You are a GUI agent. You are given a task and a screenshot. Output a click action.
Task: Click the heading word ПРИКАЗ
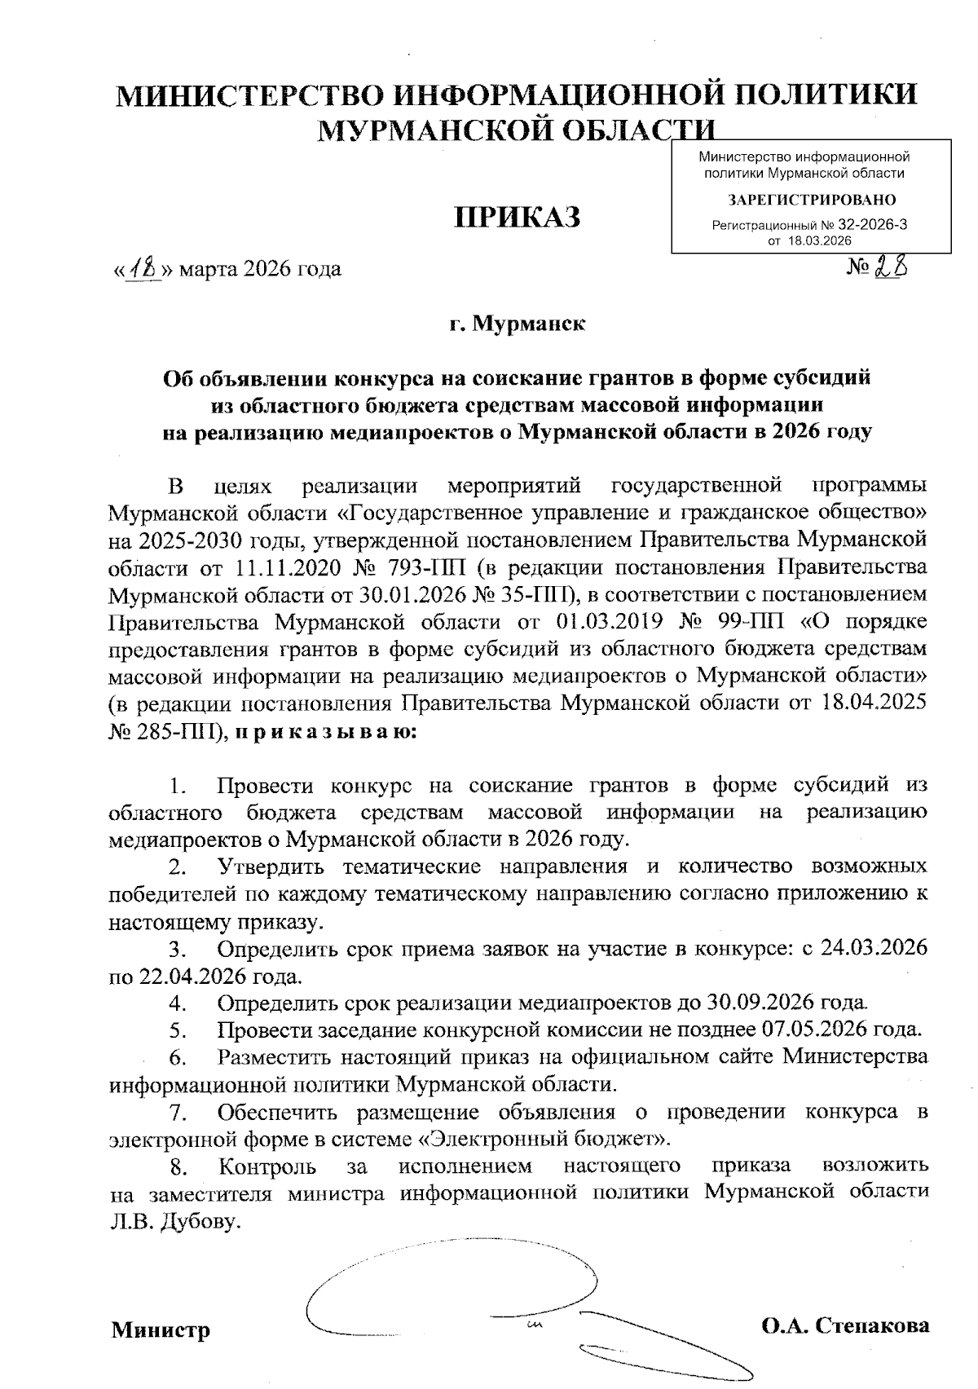click(517, 218)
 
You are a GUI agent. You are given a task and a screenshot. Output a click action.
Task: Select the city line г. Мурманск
click(517, 324)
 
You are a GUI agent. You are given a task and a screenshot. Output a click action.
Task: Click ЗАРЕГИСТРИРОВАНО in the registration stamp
click(812, 200)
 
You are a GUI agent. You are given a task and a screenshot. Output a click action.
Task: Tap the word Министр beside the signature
click(161, 1329)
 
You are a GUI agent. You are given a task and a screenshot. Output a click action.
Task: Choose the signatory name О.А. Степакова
click(845, 1325)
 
